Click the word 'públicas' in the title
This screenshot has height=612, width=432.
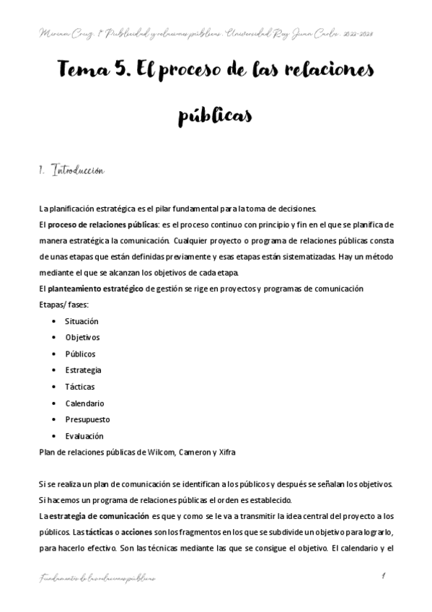click(x=216, y=116)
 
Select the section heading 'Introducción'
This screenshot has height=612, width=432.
click(x=79, y=171)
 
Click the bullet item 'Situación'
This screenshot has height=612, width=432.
click(x=81, y=320)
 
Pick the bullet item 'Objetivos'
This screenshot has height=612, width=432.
click(x=82, y=337)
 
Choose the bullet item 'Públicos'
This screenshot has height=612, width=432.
click(x=80, y=354)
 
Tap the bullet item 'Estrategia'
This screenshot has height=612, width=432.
click(x=83, y=370)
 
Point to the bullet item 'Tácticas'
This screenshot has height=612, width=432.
click(x=79, y=387)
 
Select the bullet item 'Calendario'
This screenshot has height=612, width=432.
click(x=84, y=403)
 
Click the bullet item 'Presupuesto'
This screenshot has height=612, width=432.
click(x=87, y=419)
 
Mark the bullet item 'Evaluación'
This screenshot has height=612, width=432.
click(x=84, y=436)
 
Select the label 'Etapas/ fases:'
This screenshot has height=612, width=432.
click(x=63, y=305)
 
